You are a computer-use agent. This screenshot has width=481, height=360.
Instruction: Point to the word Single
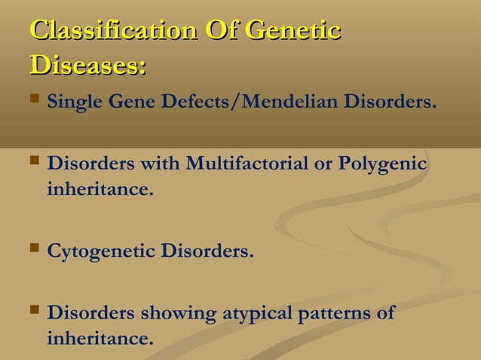(72, 102)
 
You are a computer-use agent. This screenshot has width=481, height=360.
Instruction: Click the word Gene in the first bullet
(129, 102)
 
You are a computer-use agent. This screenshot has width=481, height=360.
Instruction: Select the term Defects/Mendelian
(248, 102)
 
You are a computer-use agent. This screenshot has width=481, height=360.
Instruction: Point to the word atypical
(255, 313)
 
